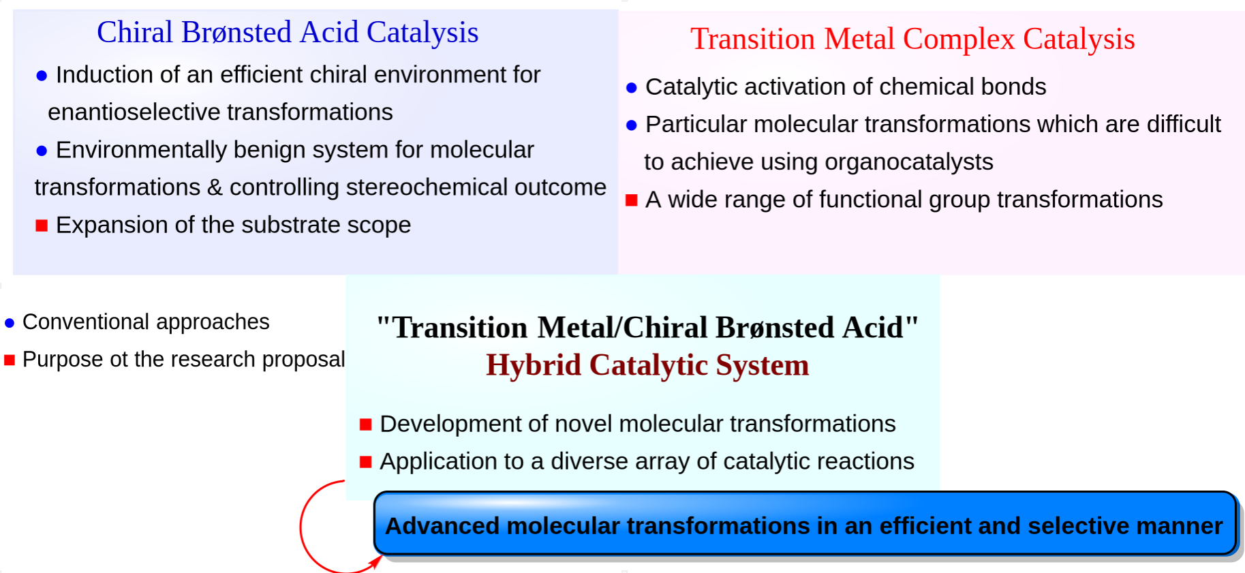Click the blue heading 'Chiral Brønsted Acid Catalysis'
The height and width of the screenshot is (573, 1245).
point(288,33)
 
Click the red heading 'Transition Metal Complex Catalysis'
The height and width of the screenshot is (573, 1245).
point(912,40)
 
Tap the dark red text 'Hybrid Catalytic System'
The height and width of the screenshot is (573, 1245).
point(647,365)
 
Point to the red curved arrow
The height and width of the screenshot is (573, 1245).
point(301,526)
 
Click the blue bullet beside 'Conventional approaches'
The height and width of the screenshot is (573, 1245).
point(10,323)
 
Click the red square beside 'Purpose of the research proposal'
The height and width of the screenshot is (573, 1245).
point(10,360)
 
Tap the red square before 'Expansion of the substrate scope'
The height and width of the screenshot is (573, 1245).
point(42,226)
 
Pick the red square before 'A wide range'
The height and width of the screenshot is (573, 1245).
point(632,200)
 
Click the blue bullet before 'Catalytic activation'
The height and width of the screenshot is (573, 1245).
point(632,88)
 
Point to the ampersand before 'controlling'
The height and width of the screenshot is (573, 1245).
point(215,187)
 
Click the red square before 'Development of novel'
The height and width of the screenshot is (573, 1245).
point(366,424)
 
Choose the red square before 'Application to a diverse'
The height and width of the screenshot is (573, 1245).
point(366,462)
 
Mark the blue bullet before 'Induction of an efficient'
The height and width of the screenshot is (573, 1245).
point(42,76)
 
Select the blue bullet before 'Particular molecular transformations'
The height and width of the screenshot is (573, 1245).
point(632,125)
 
